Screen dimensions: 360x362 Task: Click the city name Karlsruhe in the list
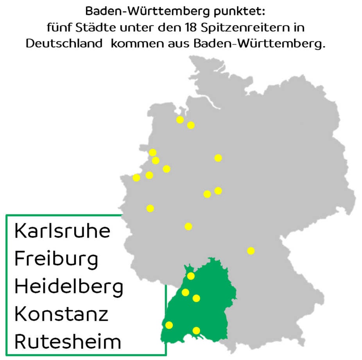coord(62,231)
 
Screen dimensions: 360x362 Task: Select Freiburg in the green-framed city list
coord(56,259)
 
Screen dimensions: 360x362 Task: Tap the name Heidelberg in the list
coord(69,286)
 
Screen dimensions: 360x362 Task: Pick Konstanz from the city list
coord(61,314)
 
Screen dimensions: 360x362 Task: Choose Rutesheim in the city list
coord(68,342)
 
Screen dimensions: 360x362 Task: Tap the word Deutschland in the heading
coord(64,43)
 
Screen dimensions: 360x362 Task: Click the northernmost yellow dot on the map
coord(180,120)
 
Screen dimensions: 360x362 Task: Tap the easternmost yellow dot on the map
coord(251,250)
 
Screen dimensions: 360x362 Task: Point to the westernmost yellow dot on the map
coord(136,178)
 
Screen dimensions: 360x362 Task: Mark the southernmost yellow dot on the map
coord(196,330)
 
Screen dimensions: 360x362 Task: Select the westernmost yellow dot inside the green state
coord(169,325)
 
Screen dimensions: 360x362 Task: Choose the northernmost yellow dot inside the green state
coord(191,276)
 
